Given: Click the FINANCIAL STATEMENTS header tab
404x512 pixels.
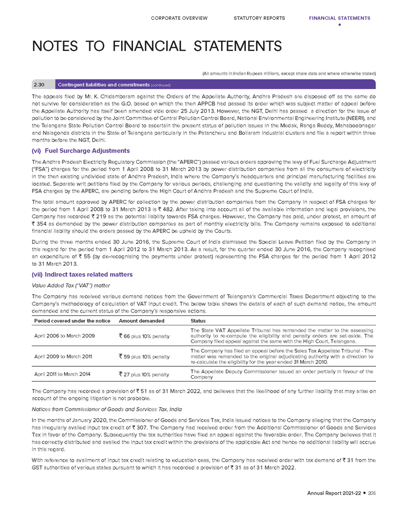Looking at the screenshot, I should [339, 18].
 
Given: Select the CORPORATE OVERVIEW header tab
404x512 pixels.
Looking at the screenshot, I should [179, 18].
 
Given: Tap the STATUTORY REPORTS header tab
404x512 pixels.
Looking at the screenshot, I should [259, 18].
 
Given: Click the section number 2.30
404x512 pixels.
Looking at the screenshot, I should [39, 84].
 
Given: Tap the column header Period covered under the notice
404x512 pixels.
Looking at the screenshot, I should [69, 321].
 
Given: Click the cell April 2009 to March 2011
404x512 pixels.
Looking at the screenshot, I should [62, 355].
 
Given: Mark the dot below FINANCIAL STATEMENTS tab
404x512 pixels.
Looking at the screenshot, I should [339, 25].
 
